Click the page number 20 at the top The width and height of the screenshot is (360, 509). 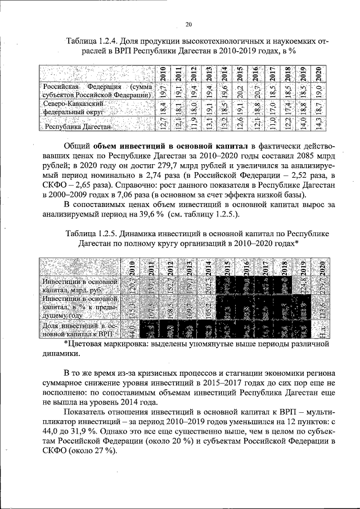[188, 23]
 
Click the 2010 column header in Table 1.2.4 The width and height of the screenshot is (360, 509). [162, 74]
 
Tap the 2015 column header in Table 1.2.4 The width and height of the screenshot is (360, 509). [240, 74]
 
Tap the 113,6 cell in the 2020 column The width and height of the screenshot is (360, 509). [321, 308]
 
